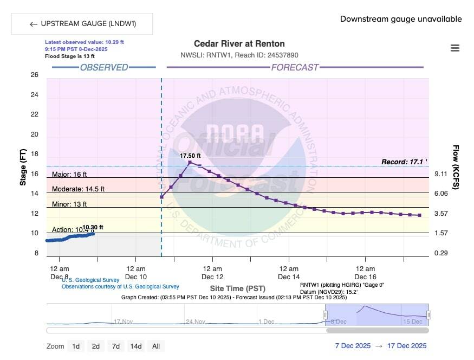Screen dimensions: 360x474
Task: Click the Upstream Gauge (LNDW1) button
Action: pyautogui.click(x=82, y=24)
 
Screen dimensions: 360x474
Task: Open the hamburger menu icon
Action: pyautogui.click(x=455, y=48)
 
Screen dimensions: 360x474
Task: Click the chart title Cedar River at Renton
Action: pyautogui.click(x=239, y=44)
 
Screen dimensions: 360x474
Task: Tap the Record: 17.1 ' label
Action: pyautogui.click(x=404, y=162)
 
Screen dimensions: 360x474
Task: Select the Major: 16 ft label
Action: pyautogui.click(x=69, y=175)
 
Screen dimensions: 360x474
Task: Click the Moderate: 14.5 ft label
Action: pyautogui.click(x=78, y=189)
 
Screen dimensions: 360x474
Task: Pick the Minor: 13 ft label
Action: pyautogui.click(x=69, y=204)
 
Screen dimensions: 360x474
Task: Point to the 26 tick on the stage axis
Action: pyautogui.click(x=34, y=75)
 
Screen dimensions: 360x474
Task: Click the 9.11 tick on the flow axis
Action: pyautogui.click(x=441, y=173)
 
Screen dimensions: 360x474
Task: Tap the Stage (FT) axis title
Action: pyautogui.click(x=23, y=167)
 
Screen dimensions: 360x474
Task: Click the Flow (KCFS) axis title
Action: pyautogui.click(x=456, y=167)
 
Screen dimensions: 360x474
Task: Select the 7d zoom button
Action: pyautogui.click(x=115, y=346)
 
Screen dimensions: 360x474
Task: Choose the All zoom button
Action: pyautogui.click(x=156, y=346)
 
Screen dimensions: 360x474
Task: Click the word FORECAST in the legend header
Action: pyautogui.click(x=295, y=68)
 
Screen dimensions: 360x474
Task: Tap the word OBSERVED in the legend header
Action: pyautogui.click(x=104, y=68)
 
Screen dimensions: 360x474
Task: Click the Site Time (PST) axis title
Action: pyautogui.click(x=237, y=288)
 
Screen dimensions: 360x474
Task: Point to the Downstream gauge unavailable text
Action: pyautogui.click(x=401, y=19)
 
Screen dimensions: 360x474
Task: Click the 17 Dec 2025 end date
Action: pyautogui.click(x=407, y=346)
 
